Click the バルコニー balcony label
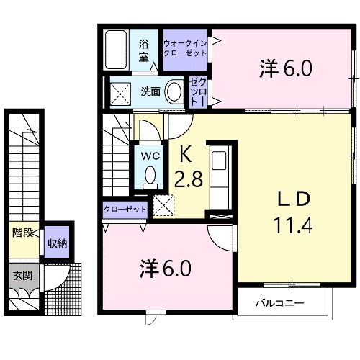point(279,304)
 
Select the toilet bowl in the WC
point(150,175)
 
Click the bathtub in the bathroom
point(116,50)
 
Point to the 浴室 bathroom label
point(145,49)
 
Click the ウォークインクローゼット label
point(186,49)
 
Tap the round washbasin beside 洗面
point(174,91)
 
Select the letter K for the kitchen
point(185,153)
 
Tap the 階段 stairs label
point(22,232)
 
